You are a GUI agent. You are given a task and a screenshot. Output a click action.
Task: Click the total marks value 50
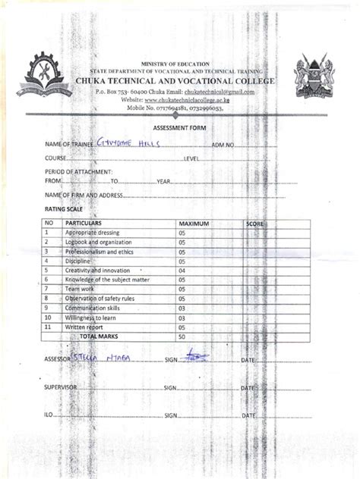pos(182,335)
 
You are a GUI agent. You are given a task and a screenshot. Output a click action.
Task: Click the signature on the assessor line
pos(194,355)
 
